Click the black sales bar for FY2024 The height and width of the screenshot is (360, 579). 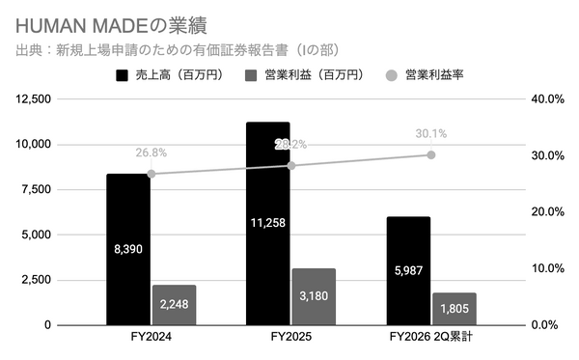128,249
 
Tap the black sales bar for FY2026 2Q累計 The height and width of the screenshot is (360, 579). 408,271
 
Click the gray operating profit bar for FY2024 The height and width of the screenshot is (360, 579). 174,305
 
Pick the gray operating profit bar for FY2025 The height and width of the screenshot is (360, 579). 314,296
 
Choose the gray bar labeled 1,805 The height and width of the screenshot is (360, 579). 455,309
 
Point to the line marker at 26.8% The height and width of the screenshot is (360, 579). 152,174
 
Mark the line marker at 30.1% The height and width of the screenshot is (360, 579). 431,154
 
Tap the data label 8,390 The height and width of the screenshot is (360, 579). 128,248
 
